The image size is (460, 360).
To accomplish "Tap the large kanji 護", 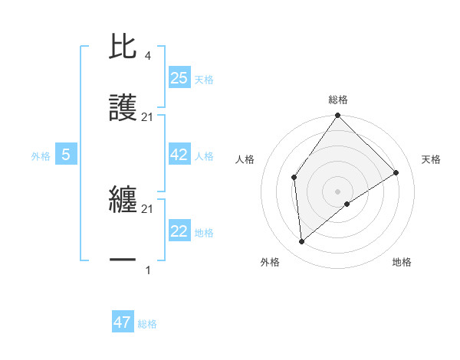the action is (x=123, y=108).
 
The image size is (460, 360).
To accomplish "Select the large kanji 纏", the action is (x=123, y=201).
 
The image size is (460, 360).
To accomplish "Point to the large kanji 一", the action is (x=123, y=260).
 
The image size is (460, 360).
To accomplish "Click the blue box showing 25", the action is (x=179, y=77).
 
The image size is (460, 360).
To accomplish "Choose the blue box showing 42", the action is (x=179, y=155).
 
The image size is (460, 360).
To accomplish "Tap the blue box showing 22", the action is (x=179, y=231).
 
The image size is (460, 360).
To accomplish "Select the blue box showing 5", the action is (x=66, y=155).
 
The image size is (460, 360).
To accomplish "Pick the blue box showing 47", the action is (x=123, y=322).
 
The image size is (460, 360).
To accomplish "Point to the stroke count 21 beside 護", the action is (x=147, y=117).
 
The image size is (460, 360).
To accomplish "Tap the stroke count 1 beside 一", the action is (x=147, y=270).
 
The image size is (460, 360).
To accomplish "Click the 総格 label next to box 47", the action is (x=147, y=324).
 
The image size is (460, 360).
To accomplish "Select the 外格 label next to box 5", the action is (x=41, y=156).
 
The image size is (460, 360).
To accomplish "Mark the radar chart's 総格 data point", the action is (x=337, y=116).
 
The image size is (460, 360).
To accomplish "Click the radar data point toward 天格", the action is (x=396, y=172).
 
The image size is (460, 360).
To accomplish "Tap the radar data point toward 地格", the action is (x=347, y=204).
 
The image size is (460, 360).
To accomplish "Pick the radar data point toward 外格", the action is (x=302, y=241).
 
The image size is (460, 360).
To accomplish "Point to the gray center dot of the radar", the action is (x=337, y=191).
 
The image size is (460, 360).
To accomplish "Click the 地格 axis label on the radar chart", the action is (x=402, y=263).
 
